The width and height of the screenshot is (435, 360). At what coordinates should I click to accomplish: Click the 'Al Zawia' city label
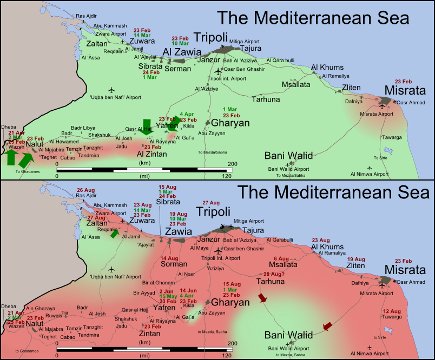pyautogui.click(x=182, y=52)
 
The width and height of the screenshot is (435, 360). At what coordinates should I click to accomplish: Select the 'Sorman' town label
pyautogui.click(x=173, y=264)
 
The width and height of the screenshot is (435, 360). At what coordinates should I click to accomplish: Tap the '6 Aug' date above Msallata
pyautogui.click(x=282, y=258)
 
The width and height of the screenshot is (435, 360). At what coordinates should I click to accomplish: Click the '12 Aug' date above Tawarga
pyautogui.click(x=393, y=311)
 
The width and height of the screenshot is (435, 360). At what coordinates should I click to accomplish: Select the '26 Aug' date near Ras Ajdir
pyautogui.click(x=87, y=190)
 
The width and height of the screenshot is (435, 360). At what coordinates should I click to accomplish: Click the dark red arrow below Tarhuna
pyautogui.click(x=263, y=298)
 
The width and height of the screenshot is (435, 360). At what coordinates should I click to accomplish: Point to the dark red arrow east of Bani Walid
pyautogui.click(x=327, y=326)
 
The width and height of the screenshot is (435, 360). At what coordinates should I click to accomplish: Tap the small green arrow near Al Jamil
pyautogui.click(x=114, y=234)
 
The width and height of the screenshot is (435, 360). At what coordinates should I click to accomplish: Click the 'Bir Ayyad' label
pyautogui.click(x=143, y=293)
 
